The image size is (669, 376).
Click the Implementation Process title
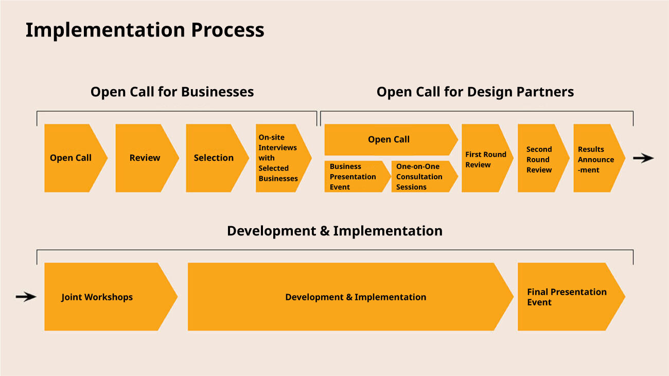tap(145, 30)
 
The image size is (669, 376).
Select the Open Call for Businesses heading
tap(172, 92)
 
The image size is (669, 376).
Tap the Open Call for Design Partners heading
tap(475, 92)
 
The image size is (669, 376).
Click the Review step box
tap(145, 158)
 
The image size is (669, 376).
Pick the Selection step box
tap(214, 158)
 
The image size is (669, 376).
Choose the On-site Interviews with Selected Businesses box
tap(280, 158)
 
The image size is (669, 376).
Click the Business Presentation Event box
tap(355, 177)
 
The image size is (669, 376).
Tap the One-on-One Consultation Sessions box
tap(422, 177)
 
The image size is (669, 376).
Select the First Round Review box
tap(485, 159)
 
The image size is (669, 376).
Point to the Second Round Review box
tap(539, 159)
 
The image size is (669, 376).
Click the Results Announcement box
tap(596, 159)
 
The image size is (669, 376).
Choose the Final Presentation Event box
tap(567, 297)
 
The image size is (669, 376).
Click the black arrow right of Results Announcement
tap(643, 158)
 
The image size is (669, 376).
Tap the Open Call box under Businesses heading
tap(72, 158)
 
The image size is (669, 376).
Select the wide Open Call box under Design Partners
tap(389, 140)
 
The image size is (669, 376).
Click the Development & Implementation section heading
tap(334, 231)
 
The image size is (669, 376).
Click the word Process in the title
tap(227, 30)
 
